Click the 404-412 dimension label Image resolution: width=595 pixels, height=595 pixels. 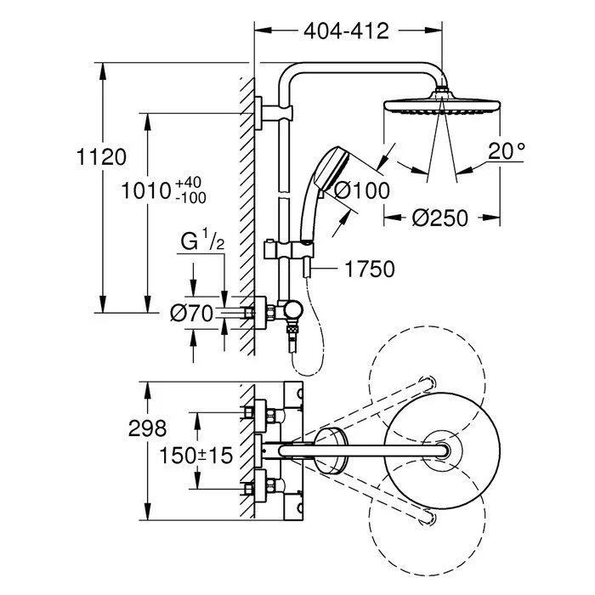347,31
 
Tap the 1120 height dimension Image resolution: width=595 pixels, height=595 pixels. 101,156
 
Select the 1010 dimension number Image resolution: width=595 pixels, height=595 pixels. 146,190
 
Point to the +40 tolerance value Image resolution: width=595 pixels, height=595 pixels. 188,183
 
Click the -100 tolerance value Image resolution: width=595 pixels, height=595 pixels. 191,198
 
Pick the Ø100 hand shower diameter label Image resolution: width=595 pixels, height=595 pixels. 361,190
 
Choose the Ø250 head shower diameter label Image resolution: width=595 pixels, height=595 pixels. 440,218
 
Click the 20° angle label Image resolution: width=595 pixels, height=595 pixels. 507,151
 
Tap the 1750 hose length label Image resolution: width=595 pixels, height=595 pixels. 370,269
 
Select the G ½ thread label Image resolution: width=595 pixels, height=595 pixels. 202,241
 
